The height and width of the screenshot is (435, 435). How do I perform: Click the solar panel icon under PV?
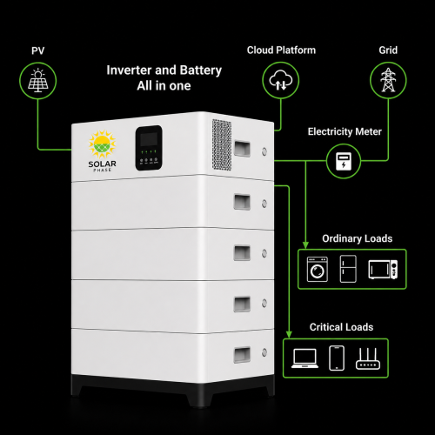coord(38,81)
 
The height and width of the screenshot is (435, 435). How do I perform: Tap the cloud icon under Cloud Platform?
coord(281,80)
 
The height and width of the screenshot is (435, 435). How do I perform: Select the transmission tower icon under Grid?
coord(388,80)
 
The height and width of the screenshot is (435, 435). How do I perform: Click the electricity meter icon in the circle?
coord(344,161)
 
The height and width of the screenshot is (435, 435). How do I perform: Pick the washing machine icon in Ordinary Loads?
coord(318,269)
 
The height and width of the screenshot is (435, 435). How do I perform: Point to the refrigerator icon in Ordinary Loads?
coord(348,269)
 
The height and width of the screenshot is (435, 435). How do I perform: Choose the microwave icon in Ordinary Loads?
coord(383,270)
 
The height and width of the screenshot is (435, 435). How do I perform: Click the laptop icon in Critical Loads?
coord(304,358)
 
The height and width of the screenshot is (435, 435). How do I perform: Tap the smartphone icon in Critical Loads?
coord(337,358)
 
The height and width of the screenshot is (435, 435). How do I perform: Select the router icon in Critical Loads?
coord(368,358)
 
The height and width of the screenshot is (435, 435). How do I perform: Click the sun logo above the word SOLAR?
coord(102,144)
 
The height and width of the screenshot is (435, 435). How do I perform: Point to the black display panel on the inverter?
coord(149,148)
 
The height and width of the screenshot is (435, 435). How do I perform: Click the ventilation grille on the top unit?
coord(222,144)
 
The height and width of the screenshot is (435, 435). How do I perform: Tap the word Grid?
coord(388,50)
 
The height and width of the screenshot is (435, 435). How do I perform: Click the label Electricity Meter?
coord(345,131)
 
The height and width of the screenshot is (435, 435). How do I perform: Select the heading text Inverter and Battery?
coord(164,70)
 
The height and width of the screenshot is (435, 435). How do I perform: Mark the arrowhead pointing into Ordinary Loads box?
coord(305,244)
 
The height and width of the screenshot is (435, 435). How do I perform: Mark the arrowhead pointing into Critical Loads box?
coord(289,334)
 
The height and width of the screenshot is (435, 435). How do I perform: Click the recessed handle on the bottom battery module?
coord(242,355)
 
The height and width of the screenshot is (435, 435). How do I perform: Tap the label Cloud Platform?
coord(281,50)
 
